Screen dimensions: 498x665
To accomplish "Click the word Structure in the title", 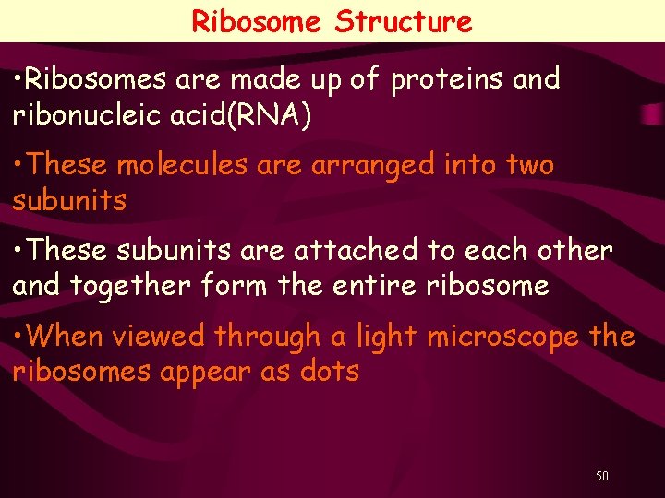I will pos(404,21).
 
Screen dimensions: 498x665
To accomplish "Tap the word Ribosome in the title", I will pos(256,21).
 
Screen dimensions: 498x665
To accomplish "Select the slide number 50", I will pos(602,477).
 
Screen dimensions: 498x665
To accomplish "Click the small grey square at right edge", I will pos(653,115).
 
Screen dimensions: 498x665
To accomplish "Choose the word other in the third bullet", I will pos(574,251).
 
